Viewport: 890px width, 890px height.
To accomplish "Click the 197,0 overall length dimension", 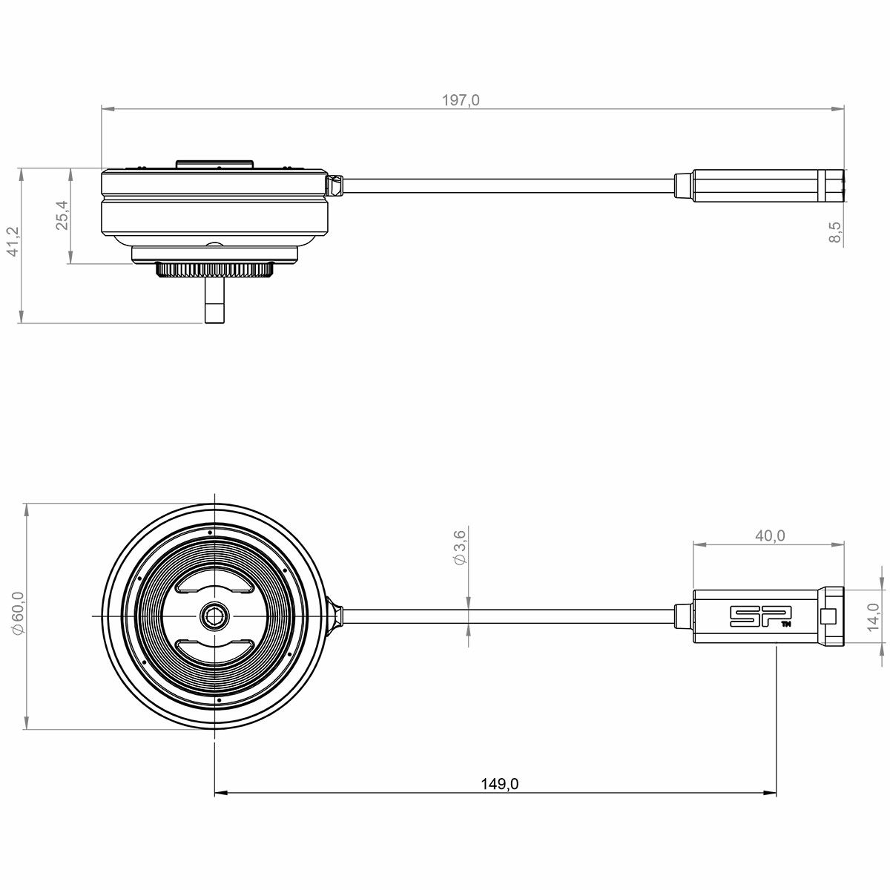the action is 461,100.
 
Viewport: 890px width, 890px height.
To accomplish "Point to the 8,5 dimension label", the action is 835,231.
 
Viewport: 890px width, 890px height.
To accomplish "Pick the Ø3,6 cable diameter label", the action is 461,547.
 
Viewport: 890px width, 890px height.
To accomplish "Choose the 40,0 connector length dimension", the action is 770,535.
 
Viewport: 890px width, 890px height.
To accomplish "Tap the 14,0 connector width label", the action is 873,617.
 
